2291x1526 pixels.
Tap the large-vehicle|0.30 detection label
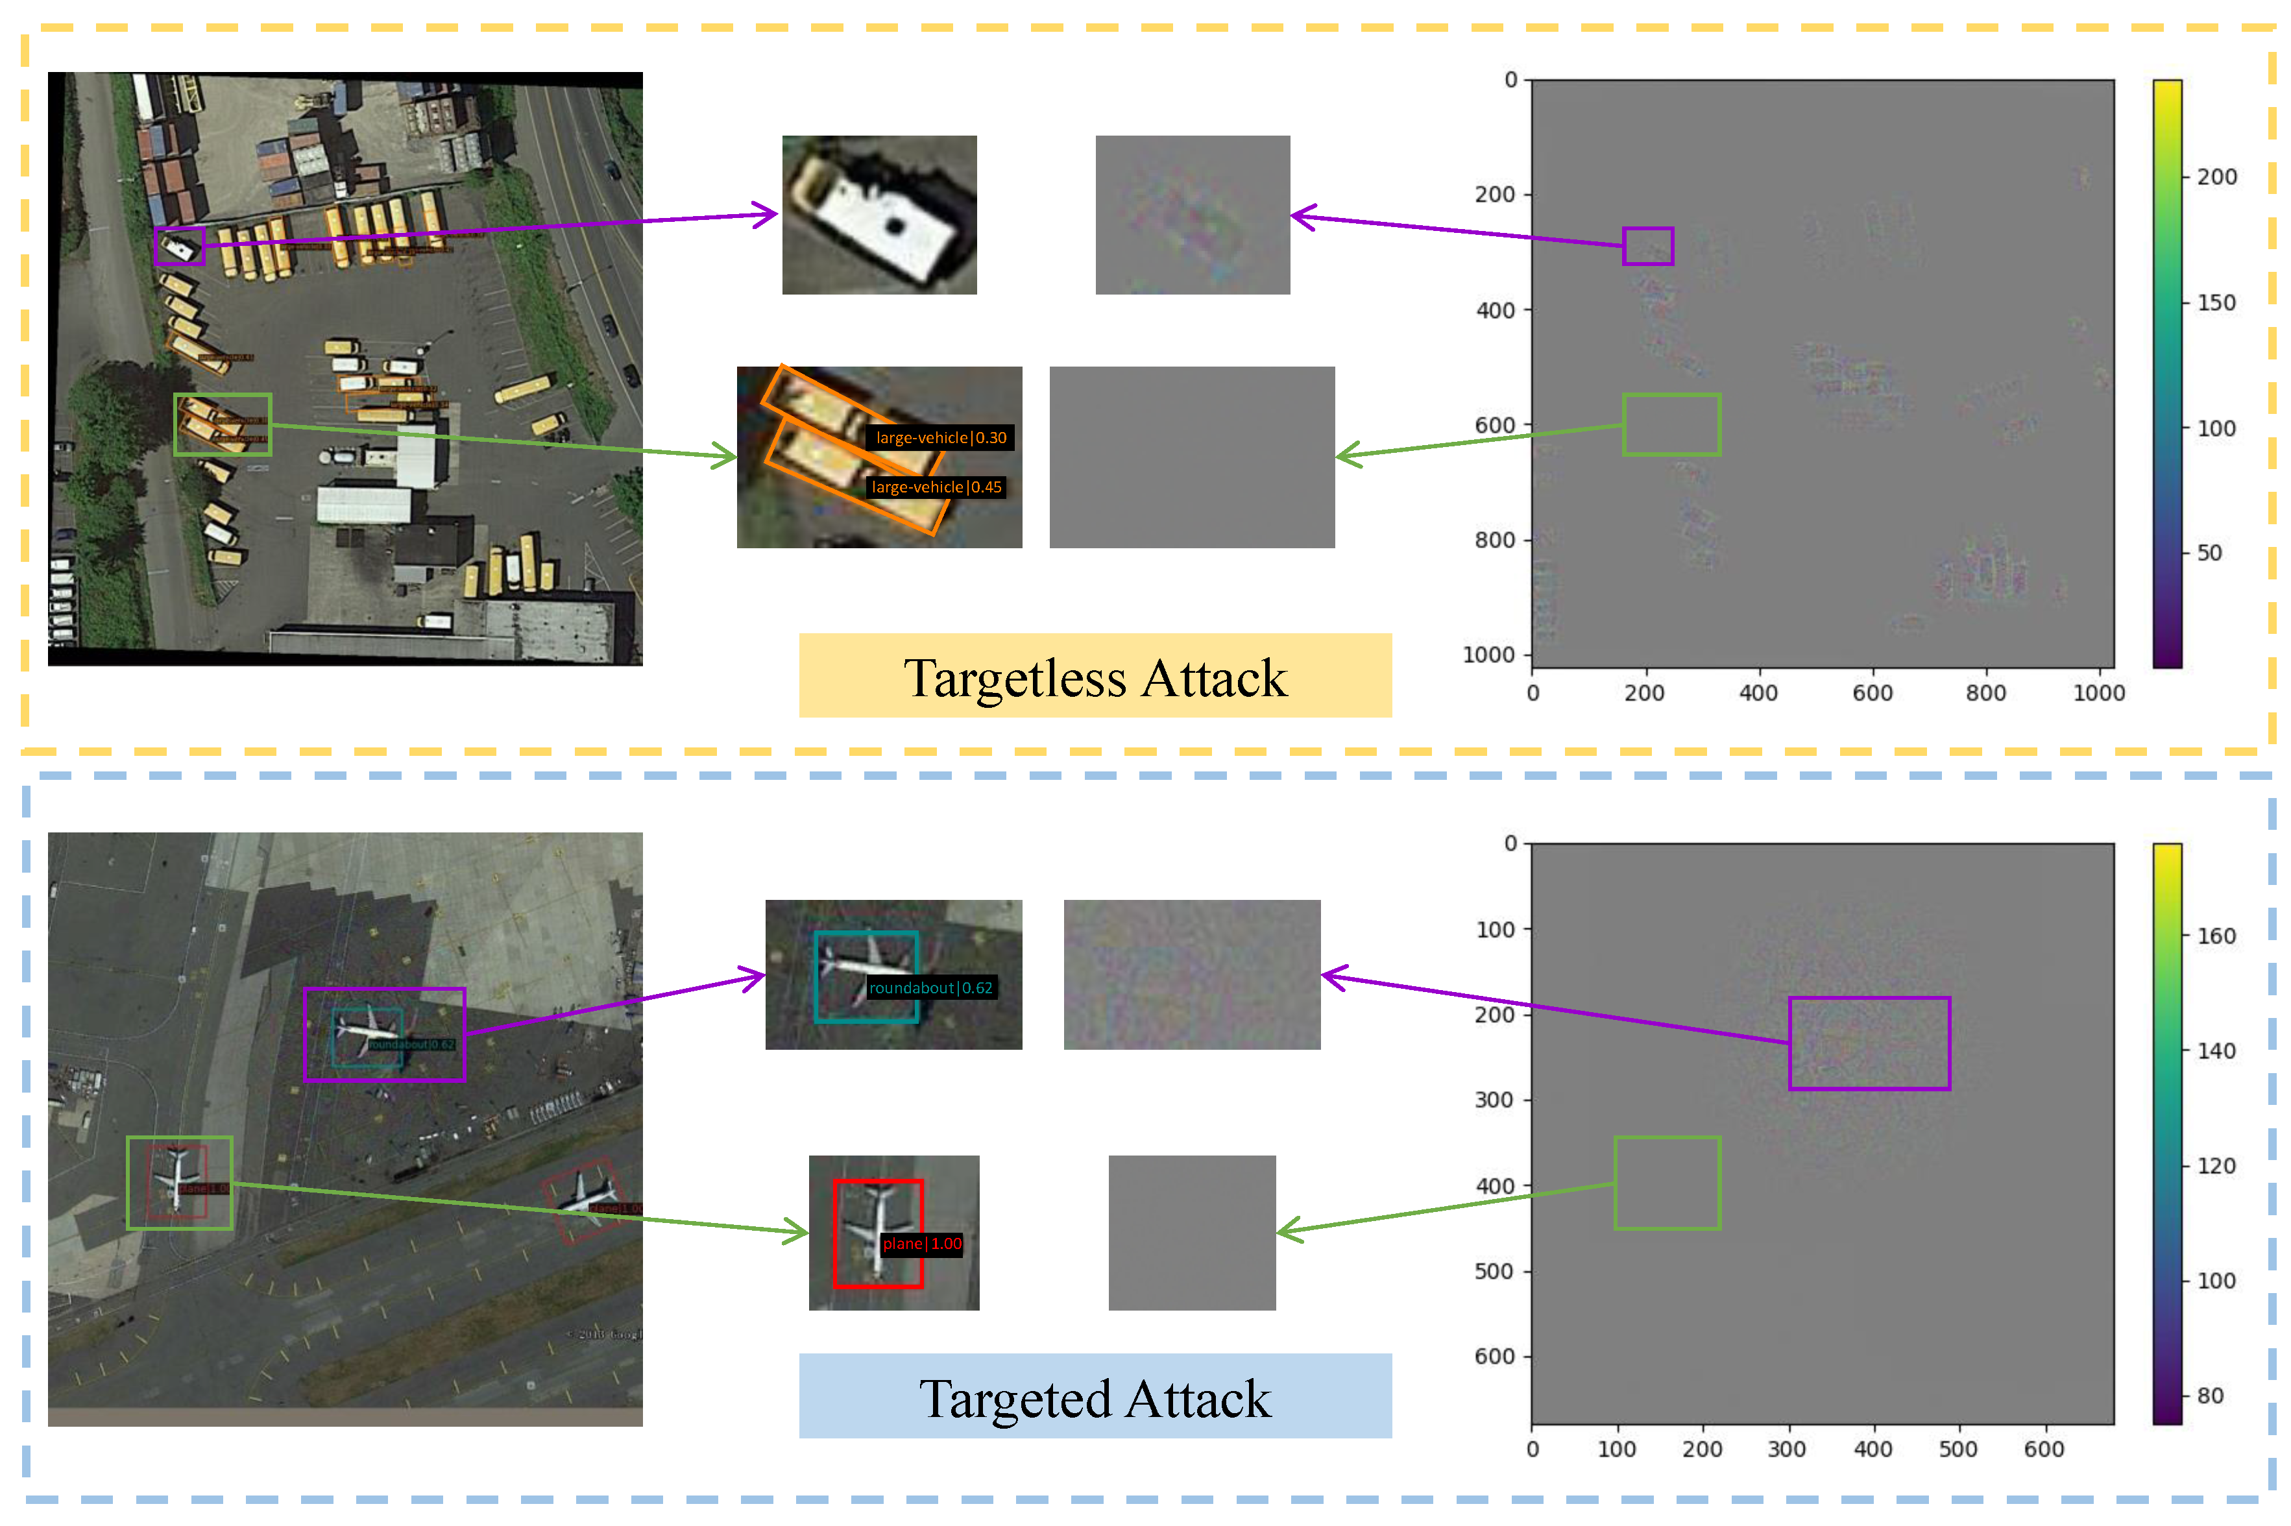coord(940,438)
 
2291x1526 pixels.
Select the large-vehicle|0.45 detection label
coord(936,487)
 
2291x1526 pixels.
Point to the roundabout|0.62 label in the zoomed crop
coord(930,987)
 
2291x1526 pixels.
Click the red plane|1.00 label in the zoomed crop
coord(921,1243)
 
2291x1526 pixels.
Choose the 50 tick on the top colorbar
coord(2209,553)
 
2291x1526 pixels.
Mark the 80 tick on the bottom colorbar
coord(2209,1396)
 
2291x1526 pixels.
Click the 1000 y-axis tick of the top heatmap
coord(1488,655)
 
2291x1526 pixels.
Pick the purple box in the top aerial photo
coord(179,247)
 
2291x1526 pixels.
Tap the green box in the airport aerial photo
coord(179,1182)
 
